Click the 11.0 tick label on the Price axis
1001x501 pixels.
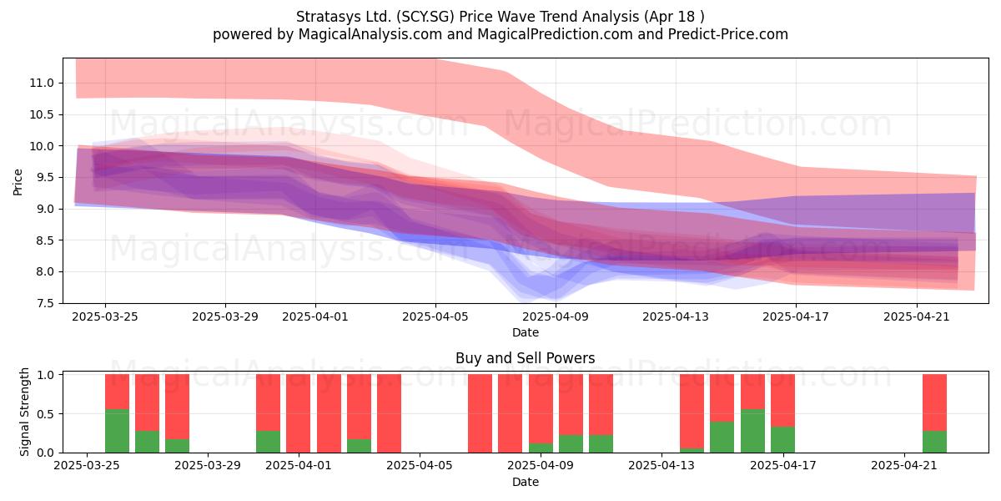41,83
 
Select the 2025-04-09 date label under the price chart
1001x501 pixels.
556,317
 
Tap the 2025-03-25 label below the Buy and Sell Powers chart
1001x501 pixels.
87,466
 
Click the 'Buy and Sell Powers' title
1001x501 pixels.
525,358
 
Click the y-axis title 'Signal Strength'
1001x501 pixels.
24,412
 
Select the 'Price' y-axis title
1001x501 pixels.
18,182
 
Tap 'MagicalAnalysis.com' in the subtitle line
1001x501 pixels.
370,34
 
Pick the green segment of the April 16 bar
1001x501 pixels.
752,431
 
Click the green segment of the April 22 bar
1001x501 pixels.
934,442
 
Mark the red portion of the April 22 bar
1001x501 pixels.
934,402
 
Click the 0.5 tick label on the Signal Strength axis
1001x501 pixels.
45,414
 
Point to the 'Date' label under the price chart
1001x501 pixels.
525,333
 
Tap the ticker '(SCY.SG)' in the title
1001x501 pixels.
428,17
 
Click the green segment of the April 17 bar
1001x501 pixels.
782,440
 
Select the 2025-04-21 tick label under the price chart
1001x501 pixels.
917,317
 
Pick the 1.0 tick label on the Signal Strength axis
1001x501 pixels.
45,375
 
